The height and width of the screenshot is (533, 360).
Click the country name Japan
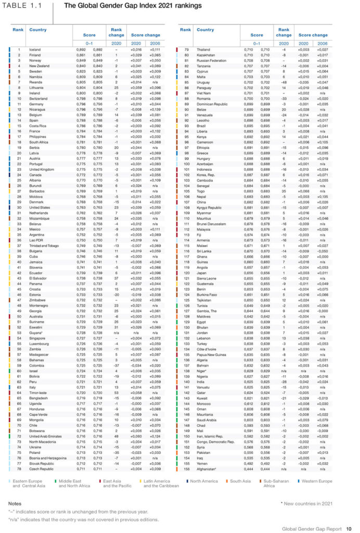tap(203, 273)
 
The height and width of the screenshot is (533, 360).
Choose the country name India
tap(202, 381)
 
